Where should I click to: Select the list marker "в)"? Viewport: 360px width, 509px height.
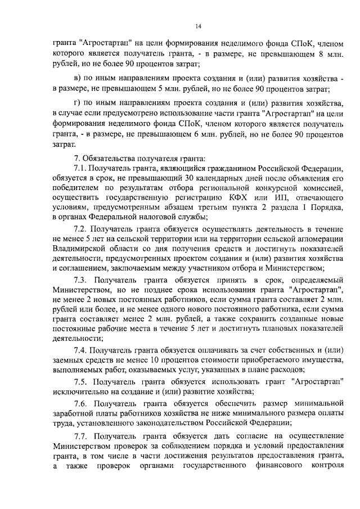pos(79,77)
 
